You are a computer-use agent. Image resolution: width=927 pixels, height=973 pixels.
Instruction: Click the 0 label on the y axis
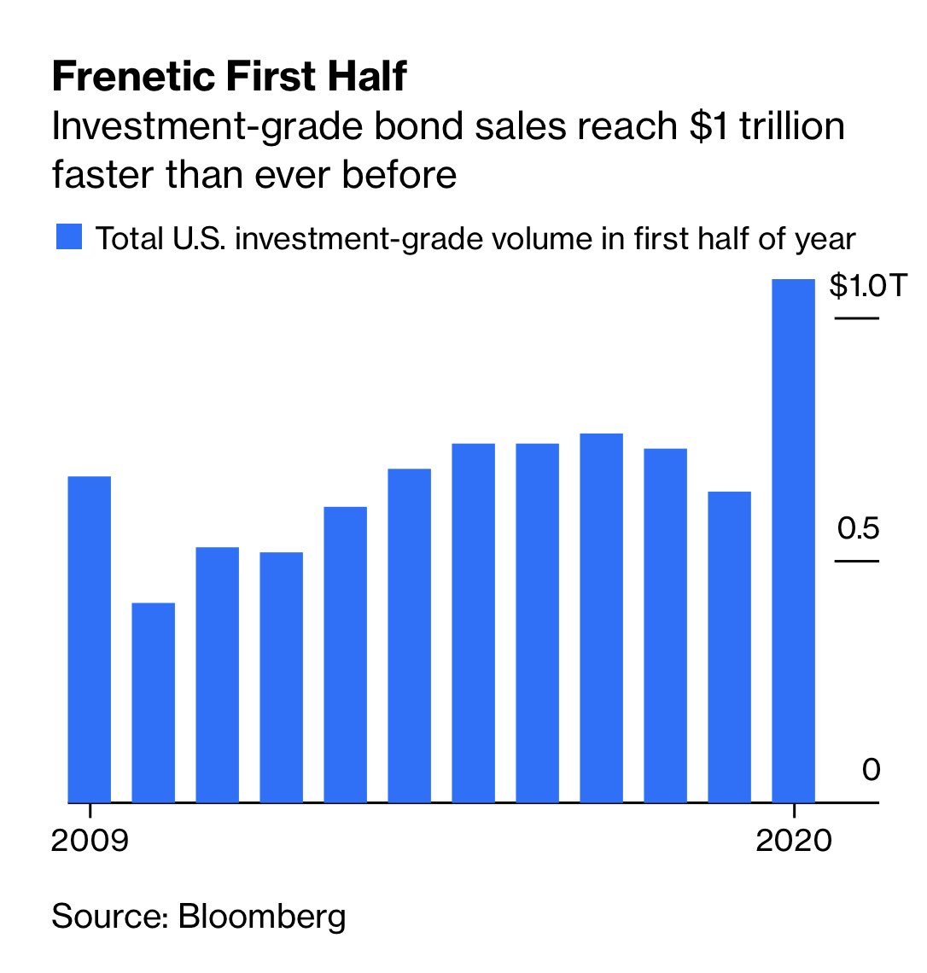click(x=870, y=771)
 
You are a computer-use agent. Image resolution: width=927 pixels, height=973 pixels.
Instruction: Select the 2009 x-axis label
click(x=90, y=841)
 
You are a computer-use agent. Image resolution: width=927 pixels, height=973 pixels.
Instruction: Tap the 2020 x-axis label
click(x=794, y=841)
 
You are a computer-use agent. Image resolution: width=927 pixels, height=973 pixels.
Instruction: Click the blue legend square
click(x=68, y=237)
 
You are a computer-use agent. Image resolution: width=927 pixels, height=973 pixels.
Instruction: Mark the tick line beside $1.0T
click(x=856, y=318)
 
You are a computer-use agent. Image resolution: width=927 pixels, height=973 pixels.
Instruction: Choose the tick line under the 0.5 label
click(x=856, y=561)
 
